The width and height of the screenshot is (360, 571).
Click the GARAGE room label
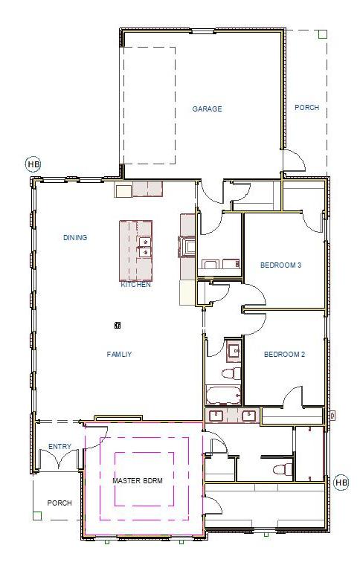207,109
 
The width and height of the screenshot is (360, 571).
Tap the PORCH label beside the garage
306,108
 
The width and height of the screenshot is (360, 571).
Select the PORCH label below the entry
60,503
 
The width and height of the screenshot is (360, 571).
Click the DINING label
75,238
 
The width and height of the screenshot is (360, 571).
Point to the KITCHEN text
136,285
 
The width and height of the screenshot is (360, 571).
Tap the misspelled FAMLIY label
119,355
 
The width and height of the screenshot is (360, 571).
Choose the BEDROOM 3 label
281,265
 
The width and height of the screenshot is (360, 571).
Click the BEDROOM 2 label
285,355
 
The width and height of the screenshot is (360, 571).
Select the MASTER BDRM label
138,481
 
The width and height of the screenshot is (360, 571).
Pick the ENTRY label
60,447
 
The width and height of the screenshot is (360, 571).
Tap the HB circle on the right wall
341,483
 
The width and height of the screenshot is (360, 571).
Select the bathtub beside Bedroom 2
223,394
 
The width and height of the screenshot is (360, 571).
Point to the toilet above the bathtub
231,371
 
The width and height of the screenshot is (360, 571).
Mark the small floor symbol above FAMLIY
117,325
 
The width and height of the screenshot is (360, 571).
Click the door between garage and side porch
293,161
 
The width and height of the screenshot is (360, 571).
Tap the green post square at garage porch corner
322,33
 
